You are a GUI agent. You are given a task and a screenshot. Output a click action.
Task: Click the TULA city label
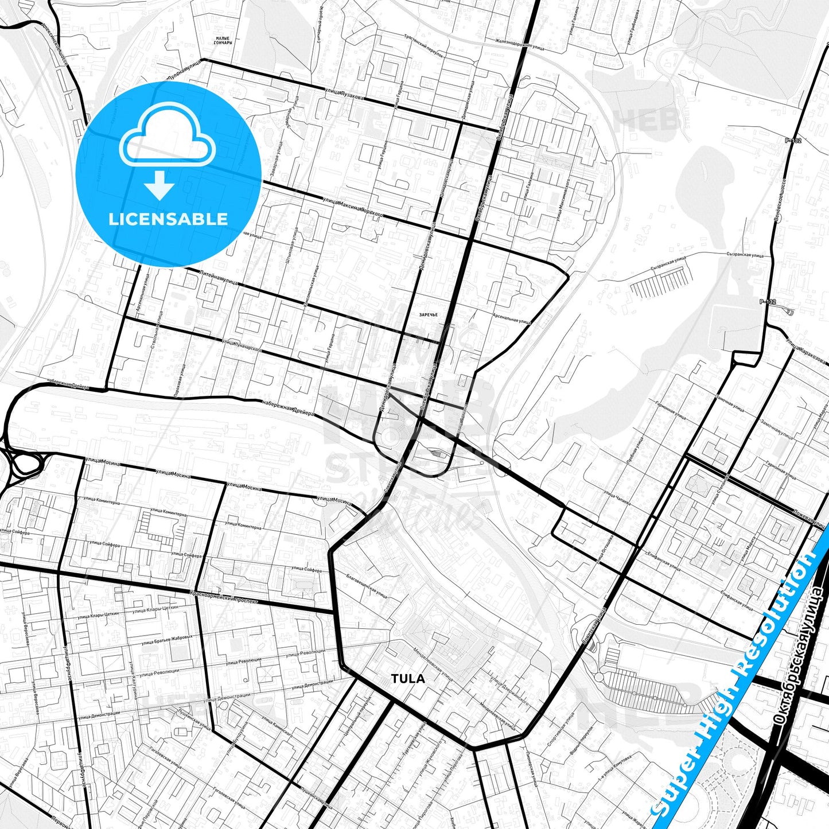tap(408, 679)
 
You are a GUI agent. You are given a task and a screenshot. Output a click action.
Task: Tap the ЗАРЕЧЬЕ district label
tap(428, 315)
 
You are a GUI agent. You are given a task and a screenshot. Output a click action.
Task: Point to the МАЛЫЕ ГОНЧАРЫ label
tap(223, 41)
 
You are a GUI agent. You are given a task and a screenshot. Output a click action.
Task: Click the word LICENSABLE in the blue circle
tap(168, 219)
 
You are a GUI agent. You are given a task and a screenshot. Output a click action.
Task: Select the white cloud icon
tap(168, 135)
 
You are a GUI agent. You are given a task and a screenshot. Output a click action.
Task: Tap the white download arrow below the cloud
tap(159, 186)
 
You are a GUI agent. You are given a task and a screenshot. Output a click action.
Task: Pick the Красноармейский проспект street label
tap(224, 597)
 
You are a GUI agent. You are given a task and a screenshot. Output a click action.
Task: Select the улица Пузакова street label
tap(344, 95)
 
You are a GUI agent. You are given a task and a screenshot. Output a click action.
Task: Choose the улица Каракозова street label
tap(807, 351)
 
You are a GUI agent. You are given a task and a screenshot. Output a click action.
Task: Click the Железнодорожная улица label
tap(519, 45)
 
